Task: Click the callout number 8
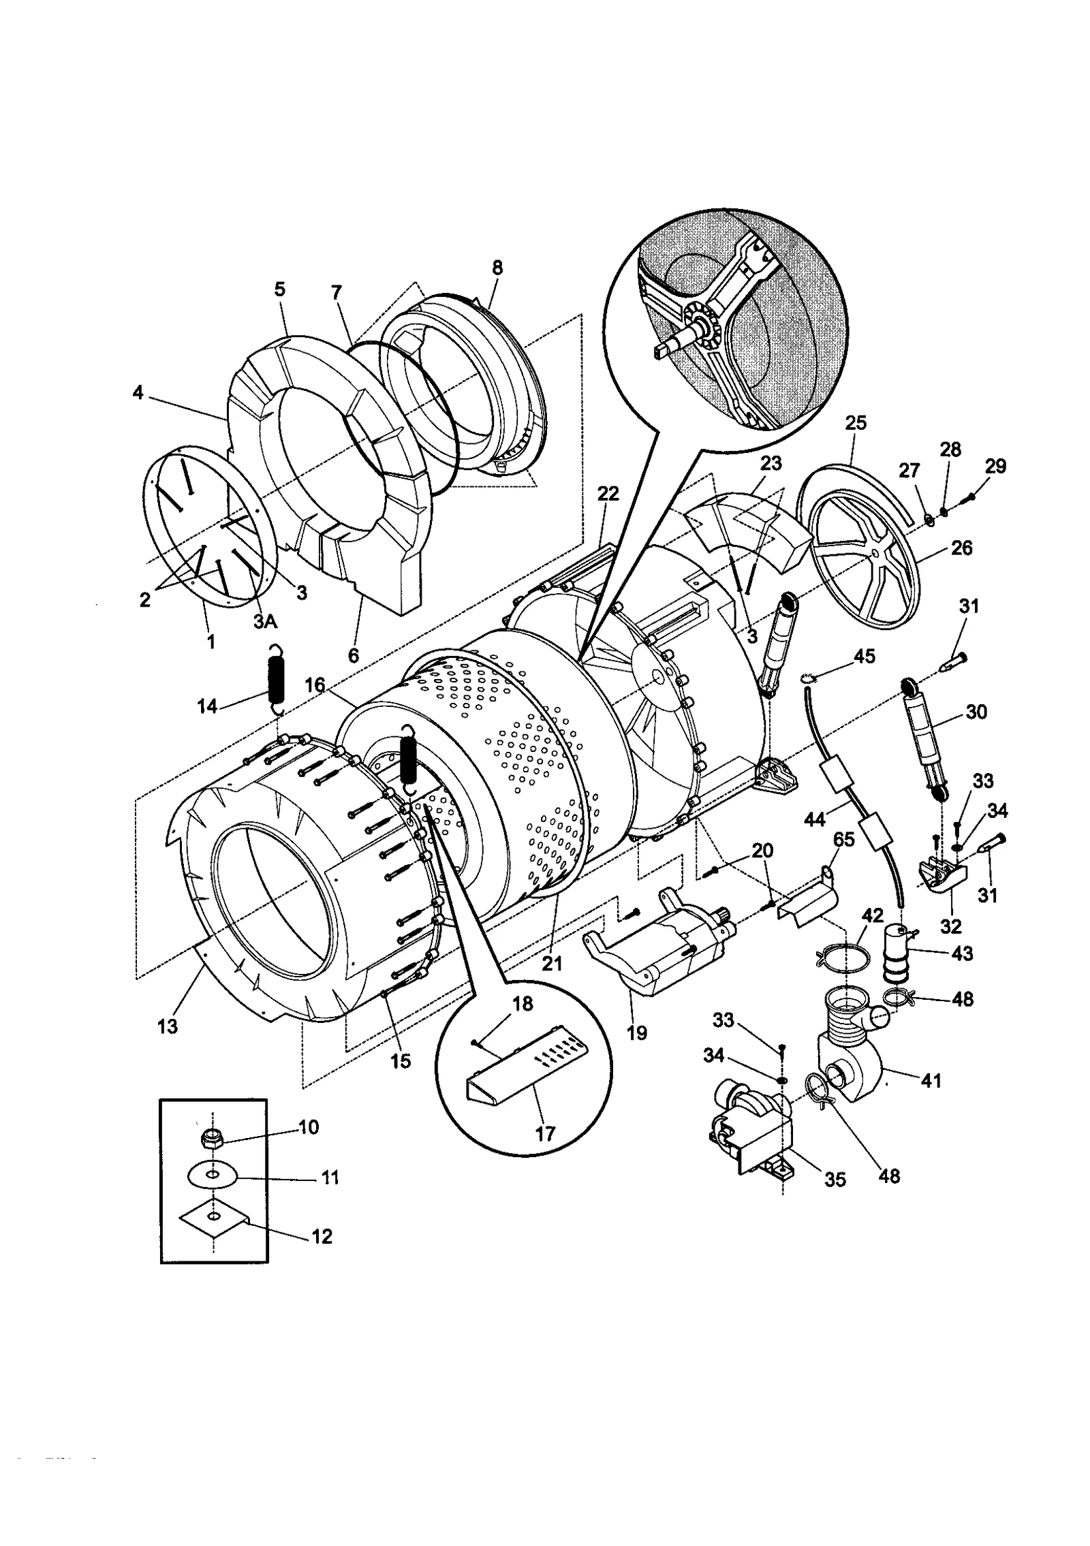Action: coord(497,268)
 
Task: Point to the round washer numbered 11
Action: coord(213,1175)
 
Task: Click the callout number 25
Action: coord(856,423)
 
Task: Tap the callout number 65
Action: coord(843,840)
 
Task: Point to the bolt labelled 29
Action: coord(967,499)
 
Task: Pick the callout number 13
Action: coord(168,1026)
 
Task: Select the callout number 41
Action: coord(931,1081)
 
